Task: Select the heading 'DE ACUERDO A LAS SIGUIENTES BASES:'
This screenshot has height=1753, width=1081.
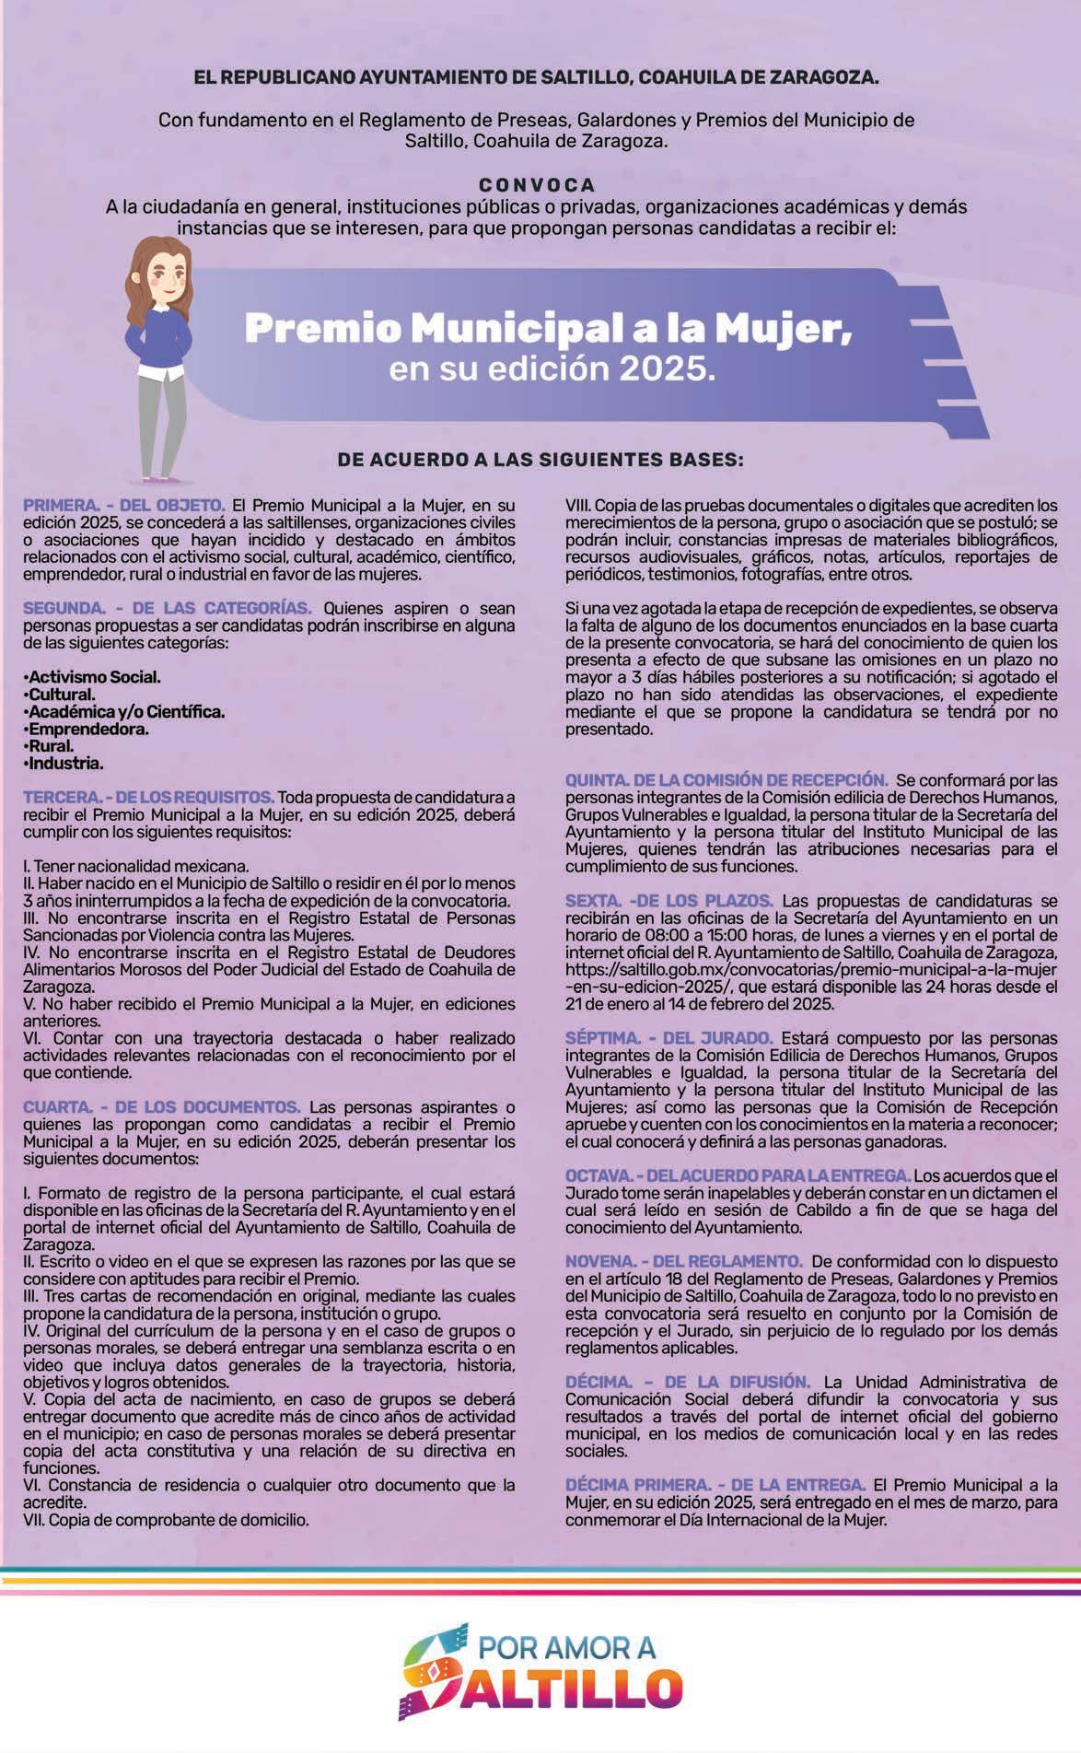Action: point(540,458)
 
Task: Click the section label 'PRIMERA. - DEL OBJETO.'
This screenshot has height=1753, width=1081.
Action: point(124,505)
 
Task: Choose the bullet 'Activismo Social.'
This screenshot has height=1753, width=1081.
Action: point(93,677)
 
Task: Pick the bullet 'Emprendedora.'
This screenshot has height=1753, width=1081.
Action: point(87,729)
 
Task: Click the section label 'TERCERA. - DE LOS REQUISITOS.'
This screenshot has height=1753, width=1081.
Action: point(148,796)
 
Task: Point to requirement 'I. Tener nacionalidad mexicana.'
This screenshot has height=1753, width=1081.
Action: point(135,866)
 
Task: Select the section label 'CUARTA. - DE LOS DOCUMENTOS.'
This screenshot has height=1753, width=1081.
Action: point(161,1106)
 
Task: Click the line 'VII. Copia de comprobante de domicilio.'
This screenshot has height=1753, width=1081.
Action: point(166,1520)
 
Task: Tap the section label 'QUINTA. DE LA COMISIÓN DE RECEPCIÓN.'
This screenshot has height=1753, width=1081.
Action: point(726,780)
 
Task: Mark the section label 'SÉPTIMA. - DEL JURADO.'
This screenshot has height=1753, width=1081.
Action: point(669,1037)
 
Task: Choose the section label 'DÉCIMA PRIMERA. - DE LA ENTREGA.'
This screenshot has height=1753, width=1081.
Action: point(715,1485)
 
